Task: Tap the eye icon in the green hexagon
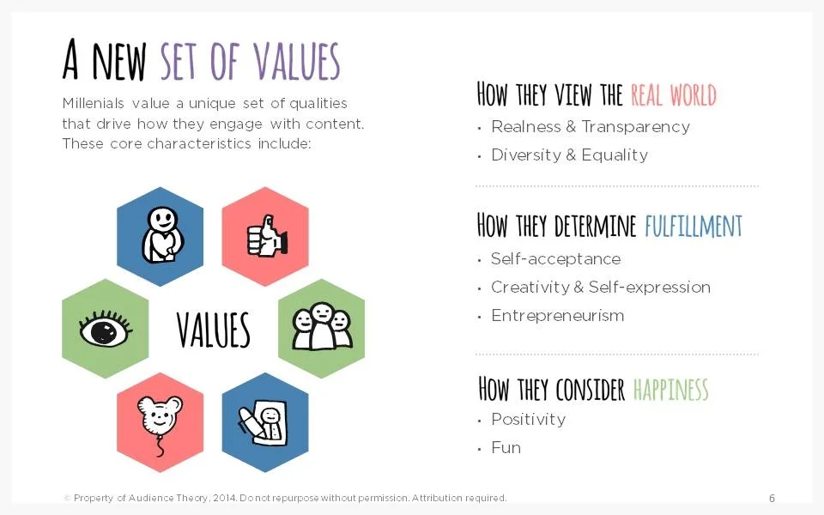(x=105, y=328)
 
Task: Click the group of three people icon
(x=322, y=327)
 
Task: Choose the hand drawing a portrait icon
(x=264, y=421)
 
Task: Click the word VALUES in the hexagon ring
(x=213, y=330)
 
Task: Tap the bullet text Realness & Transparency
(x=590, y=127)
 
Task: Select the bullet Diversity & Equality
(x=569, y=155)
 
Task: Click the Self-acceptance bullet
(x=555, y=259)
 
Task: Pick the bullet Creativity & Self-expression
(x=600, y=288)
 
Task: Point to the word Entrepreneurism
(x=557, y=316)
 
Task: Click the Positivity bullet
(x=528, y=420)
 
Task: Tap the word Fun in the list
(x=506, y=448)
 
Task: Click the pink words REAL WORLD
(x=673, y=94)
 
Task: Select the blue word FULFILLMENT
(x=693, y=227)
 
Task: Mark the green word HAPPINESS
(x=670, y=390)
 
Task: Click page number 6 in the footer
(x=772, y=499)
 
